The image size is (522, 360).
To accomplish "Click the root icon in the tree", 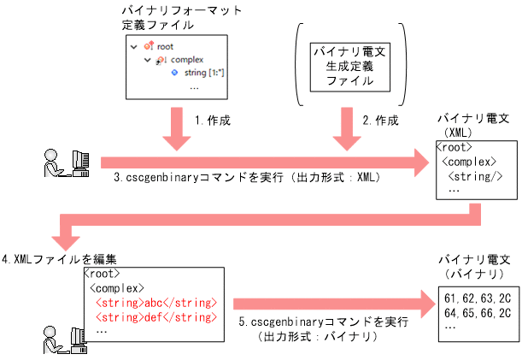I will (x=149, y=46).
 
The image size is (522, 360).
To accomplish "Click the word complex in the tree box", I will (x=187, y=60).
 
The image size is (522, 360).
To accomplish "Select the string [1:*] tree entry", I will (x=204, y=74).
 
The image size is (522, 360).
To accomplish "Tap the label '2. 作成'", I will (x=380, y=121).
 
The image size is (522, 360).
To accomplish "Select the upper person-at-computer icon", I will (x=67, y=163).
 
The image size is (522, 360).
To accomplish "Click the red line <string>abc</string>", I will (x=156, y=303).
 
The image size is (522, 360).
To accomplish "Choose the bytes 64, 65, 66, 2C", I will (x=478, y=313).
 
